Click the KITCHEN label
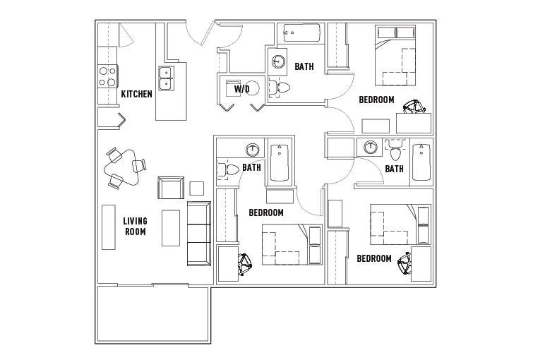[137, 94]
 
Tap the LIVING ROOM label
[136, 227]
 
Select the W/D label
[241, 89]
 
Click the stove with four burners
[107, 77]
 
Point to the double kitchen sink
[166, 78]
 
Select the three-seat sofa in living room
[199, 234]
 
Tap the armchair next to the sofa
[171, 188]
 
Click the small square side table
[196, 188]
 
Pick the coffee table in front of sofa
[171, 228]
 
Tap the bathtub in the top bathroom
[302, 32]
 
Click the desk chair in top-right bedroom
[414, 107]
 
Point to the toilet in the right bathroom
[395, 150]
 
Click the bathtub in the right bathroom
[421, 162]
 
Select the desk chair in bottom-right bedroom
[405, 263]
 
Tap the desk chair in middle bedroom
[244, 264]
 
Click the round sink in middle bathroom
[253, 150]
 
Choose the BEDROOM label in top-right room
[377, 100]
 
